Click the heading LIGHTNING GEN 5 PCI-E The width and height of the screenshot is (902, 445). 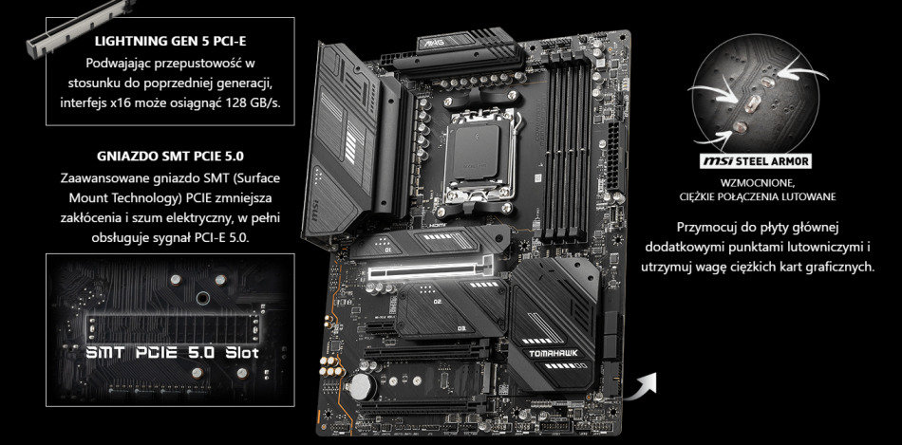pos(172,42)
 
